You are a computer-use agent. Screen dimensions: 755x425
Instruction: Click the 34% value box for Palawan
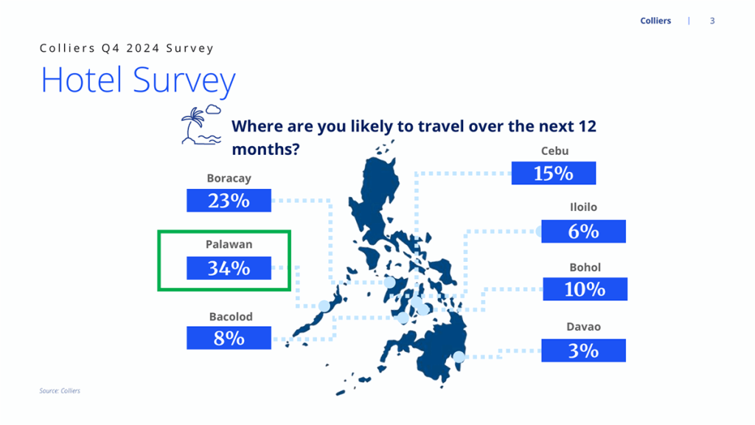(x=229, y=268)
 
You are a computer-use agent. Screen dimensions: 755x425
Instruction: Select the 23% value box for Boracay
(x=229, y=201)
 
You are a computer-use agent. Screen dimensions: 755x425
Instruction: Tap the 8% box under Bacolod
(x=229, y=338)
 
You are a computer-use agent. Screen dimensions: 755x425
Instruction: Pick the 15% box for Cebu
(x=554, y=173)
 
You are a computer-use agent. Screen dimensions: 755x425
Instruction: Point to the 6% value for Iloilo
(x=584, y=231)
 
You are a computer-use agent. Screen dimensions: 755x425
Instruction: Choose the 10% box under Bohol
(x=585, y=289)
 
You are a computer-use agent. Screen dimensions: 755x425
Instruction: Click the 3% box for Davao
(x=584, y=350)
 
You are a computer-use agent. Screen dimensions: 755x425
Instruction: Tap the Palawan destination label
(x=229, y=244)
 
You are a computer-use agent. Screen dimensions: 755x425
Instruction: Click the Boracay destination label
(x=229, y=179)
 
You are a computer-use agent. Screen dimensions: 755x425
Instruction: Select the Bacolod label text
(x=231, y=317)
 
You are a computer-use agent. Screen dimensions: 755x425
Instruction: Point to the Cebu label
(x=554, y=151)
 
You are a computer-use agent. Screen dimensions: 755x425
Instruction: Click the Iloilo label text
(x=584, y=207)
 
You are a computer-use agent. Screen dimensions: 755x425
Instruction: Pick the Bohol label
(x=585, y=267)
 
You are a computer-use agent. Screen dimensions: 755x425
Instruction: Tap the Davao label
(x=584, y=327)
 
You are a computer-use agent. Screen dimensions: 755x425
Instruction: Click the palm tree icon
(x=201, y=124)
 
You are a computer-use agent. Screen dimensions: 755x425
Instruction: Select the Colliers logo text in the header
(x=655, y=21)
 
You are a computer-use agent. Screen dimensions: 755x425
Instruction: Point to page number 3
(x=712, y=21)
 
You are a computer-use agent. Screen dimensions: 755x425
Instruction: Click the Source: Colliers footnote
(x=60, y=391)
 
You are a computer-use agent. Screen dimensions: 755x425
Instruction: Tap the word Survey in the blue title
(x=184, y=80)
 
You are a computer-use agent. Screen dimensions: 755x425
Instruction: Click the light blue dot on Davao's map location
(x=459, y=357)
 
